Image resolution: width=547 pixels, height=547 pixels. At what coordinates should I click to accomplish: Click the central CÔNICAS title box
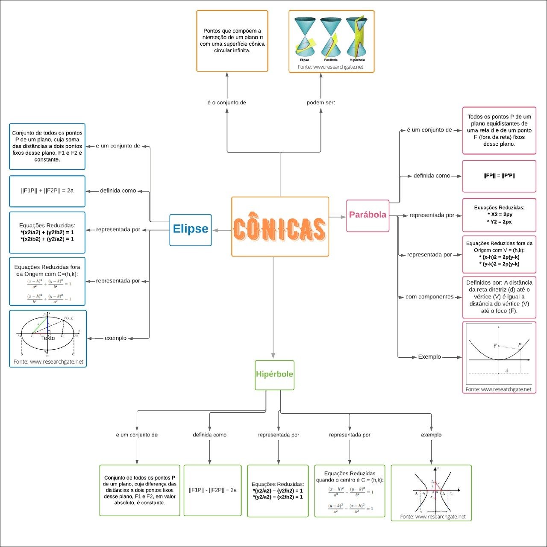[x=280, y=226]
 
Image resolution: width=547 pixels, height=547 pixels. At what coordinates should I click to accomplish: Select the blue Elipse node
[x=191, y=230]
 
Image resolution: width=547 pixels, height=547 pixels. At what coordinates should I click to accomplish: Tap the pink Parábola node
[x=368, y=215]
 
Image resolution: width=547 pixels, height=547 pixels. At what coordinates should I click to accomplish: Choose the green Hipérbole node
[x=274, y=375]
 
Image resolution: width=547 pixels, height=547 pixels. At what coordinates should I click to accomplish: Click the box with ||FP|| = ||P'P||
[x=499, y=176]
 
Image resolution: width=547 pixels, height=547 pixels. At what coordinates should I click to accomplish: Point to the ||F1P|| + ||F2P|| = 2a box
[x=47, y=191]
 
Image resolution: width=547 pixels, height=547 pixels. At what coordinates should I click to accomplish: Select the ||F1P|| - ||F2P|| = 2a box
[x=212, y=490]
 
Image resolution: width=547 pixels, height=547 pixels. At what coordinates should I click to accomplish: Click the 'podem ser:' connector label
[x=321, y=103]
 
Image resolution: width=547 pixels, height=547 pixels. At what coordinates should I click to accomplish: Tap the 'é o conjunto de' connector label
[x=226, y=103]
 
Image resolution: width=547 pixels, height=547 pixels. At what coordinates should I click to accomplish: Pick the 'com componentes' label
[x=429, y=297]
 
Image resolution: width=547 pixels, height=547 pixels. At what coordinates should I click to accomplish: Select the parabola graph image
[x=499, y=354]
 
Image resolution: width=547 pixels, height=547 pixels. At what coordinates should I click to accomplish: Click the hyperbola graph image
[x=432, y=490]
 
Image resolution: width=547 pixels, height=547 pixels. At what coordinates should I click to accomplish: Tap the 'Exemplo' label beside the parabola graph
[x=429, y=357]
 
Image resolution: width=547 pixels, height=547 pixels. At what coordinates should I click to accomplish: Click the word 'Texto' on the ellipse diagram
[x=48, y=338]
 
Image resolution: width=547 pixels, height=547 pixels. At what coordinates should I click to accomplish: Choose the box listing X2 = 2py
[x=499, y=215]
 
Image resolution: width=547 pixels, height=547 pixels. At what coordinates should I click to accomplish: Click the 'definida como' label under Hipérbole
[x=209, y=435]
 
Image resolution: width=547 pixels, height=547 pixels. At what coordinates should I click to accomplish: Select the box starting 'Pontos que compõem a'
[x=232, y=41]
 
